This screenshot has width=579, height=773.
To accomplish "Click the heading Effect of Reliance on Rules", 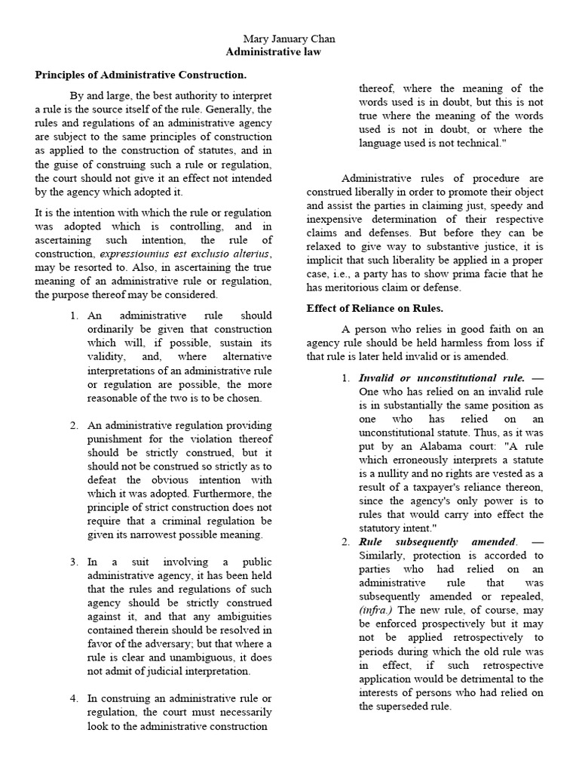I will click(x=375, y=308).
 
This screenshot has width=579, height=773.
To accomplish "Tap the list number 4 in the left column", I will click(x=75, y=698).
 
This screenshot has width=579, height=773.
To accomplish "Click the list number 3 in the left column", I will click(x=75, y=562).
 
